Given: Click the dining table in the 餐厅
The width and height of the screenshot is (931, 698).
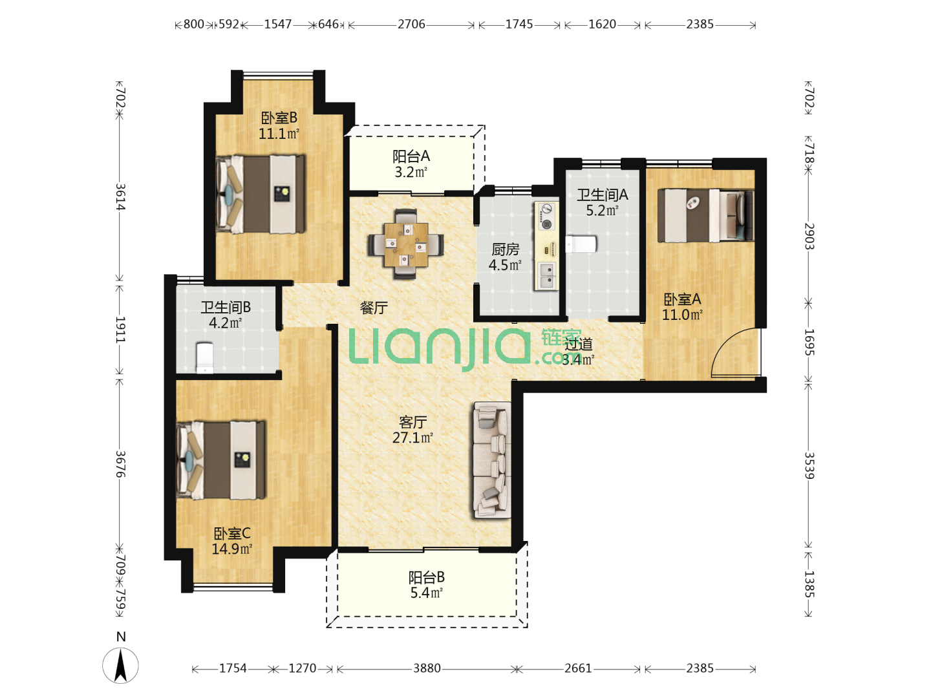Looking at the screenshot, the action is (406, 244).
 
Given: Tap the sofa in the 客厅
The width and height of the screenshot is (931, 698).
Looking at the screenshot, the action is (492, 460).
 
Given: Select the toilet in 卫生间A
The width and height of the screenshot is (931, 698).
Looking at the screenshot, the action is (581, 244).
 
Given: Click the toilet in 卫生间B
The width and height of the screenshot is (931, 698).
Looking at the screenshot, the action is (205, 358).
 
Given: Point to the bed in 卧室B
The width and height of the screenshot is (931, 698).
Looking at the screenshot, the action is (261, 194).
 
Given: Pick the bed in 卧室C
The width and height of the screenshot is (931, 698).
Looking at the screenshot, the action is (221, 460).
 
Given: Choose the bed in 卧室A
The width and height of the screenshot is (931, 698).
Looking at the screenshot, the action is (705, 215).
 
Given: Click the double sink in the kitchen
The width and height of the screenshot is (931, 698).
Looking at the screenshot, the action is (546, 275).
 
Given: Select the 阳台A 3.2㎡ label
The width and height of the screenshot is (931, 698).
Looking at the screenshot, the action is (411, 164).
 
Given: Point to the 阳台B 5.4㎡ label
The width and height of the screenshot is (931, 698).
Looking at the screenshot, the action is (426, 585).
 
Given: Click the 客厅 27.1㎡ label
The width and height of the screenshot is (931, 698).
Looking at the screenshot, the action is (412, 430).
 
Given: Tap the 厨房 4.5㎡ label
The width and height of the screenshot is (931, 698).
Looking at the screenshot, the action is (505, 257).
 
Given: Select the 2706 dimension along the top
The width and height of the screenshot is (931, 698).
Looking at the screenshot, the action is (411, 24).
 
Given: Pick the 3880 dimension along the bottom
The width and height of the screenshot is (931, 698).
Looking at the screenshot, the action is (427, 668).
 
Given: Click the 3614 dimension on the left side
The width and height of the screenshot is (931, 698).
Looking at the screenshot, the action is (120, 196).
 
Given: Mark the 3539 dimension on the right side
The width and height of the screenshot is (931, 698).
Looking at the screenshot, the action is (809, 465).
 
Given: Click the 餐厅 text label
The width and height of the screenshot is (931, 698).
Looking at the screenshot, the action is (374, 308).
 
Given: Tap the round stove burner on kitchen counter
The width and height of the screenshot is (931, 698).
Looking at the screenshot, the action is (546, 224).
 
